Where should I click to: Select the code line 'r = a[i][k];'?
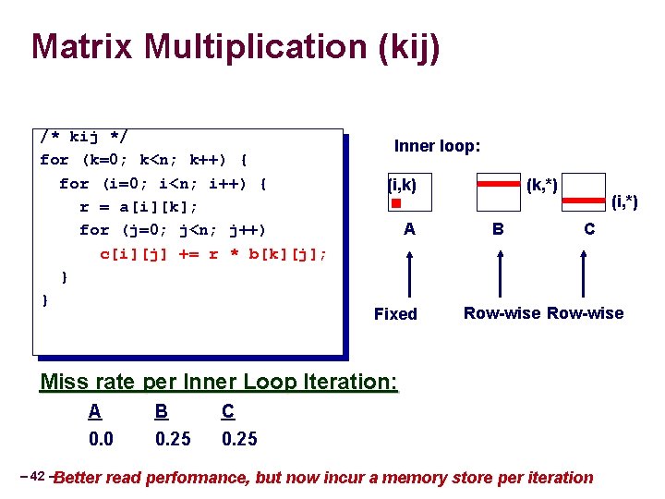[x=139, y=206]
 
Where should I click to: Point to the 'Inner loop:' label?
[x=437, y=146]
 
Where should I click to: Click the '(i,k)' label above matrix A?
[x=402, y=185]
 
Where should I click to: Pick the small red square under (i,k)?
[x=393, y=202]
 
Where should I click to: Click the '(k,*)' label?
[x=540, y=184]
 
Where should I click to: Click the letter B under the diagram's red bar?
[x=498, y=227]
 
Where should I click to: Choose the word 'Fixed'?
[x=395, y=314]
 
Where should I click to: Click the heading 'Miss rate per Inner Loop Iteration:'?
[x=219, y=382]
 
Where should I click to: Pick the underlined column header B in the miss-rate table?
[x=161, y=412]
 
